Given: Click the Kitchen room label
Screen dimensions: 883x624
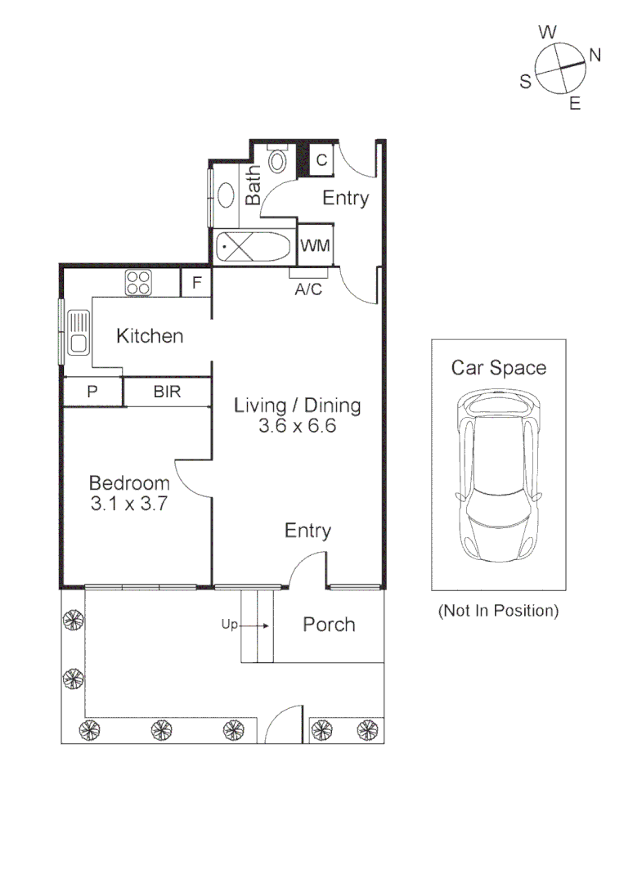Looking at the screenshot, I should tap(150, 336).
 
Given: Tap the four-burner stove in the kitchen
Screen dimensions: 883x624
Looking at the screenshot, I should tap(137, 283).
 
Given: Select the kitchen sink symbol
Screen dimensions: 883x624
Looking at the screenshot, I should tap(79, 331).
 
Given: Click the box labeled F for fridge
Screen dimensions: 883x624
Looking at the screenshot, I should tap(196, 284).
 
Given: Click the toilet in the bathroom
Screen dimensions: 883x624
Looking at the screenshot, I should tap(278, 159).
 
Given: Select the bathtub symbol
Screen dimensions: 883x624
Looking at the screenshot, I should tap(253, 246).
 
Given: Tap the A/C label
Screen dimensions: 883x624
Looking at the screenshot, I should tap(308, 289).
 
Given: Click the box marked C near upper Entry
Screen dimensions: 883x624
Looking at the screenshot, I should tap(321, 159).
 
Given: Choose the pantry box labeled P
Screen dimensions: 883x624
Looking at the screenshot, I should tap(92, 392).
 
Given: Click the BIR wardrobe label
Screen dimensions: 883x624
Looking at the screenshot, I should tap(168, 392).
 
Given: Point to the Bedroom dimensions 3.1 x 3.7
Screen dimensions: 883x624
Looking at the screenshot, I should tap(129, 504).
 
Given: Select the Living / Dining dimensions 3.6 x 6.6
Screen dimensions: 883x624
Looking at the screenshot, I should tap(298, 426).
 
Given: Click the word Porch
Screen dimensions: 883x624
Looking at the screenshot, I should tap(329, 625).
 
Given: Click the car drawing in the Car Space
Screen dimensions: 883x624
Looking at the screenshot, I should tap(498, 475).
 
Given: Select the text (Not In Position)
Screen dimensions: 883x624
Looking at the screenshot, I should tap(498, 611).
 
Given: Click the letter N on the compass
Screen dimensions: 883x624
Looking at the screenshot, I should tap(595, 56).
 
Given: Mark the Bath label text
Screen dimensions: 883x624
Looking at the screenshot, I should tap(254, 186).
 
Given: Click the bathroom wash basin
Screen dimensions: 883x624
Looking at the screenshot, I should tap(225, 193).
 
